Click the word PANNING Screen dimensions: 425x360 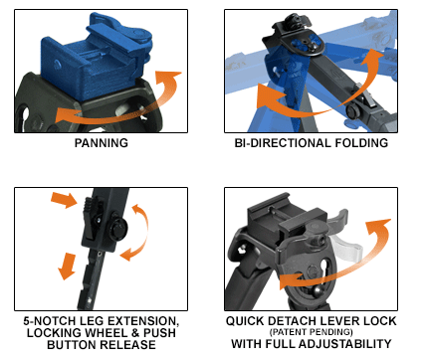(x=102, y=143)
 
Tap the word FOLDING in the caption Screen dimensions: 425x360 (x=361, y=143)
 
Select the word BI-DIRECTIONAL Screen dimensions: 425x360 (x=283, y=143)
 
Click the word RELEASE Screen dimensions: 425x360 (x=127, y=345)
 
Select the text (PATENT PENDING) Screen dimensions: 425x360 (x=311, y=332)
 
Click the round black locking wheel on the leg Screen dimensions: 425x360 (x=118, y=229)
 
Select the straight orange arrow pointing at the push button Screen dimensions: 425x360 (x=65, y=199)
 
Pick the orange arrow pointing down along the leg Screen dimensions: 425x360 (x=67, y=267)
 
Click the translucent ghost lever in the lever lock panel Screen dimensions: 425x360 (x=346, y=246)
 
